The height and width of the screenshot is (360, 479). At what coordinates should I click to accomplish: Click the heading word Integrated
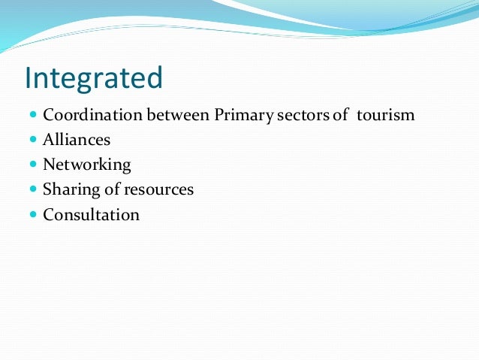click(94, 78)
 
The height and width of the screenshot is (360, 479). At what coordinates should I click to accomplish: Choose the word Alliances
click(77, 140)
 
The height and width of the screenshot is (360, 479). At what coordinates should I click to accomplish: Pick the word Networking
click(87, 165)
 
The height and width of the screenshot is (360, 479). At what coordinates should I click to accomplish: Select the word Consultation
click(92, 214)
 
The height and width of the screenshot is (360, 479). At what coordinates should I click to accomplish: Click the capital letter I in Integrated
click(29, 77)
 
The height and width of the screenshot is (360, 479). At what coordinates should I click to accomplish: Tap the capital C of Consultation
click(49, 214)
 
